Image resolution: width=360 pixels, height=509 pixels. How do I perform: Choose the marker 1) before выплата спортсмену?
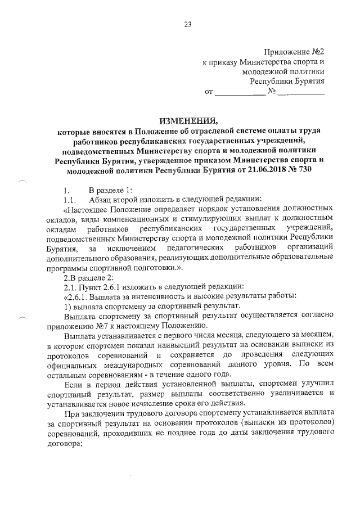pyautogui.click(x=67, y=306)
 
